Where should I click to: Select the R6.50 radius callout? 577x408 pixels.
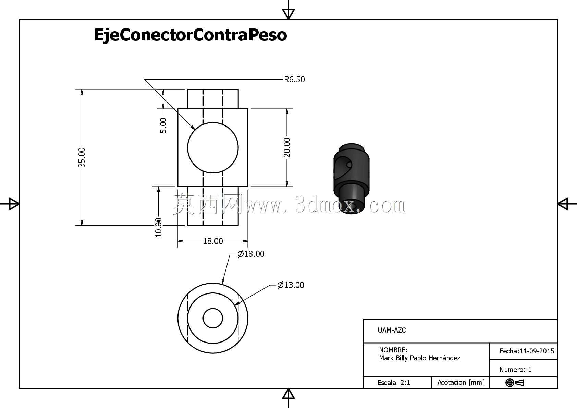294,80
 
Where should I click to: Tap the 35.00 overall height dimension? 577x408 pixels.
82,157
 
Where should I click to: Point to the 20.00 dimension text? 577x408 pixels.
287,147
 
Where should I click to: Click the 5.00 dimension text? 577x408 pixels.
163,125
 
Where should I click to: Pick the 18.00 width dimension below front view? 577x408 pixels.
213,241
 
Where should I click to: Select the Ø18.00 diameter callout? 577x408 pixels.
251,254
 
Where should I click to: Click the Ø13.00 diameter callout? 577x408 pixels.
291,285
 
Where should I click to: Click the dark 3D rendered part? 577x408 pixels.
351,179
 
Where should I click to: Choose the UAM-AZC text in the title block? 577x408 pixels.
392,330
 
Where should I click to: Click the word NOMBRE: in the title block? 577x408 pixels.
393,350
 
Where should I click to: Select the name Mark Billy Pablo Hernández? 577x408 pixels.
420,358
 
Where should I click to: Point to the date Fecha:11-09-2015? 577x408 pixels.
527,351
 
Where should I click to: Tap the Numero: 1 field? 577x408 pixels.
515,370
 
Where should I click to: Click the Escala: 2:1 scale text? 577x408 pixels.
394,383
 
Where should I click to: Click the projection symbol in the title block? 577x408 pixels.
515,383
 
